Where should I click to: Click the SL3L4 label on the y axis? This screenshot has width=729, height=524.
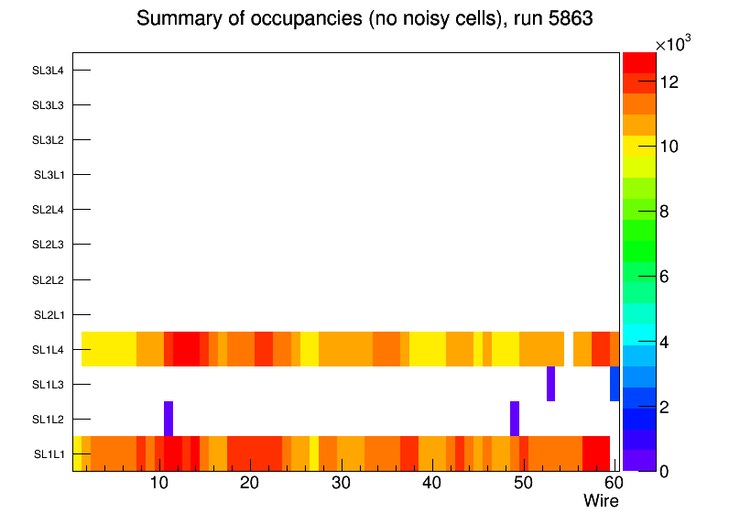pyautogui.click(x=49, y=70)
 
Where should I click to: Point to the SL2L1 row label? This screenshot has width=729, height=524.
pyautogui.click(x=49, y=314)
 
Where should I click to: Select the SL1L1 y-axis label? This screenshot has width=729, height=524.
pyautogui.click(x=49, y=453)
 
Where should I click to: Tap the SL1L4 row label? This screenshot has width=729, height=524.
pyautogui.click(x=49, y=349)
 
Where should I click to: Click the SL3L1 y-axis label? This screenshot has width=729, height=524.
pyautogui.click(x=49, y=174)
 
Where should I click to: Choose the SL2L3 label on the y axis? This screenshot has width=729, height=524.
pyautogui.click(x=49, y=245)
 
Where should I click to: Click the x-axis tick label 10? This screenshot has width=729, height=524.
pyautogui.click(x=158, y=483)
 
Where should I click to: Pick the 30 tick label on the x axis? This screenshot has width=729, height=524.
pyautogui.click(x=341, y=483)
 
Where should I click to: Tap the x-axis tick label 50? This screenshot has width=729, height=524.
pyautogui.click(x=522, y=483)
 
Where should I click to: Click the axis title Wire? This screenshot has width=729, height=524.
pyautogui.click(x=601, y=501)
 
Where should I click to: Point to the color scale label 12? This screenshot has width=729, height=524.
pyautogui.click(x=669, y=82)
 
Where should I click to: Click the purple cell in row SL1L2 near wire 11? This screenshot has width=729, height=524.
pyautogui.click(x=169, y=419)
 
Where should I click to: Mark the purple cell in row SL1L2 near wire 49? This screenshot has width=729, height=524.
pyautogui.click(x=515, y=419)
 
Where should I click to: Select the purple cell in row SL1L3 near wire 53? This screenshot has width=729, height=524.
pyautogui.click(x=550, y=384)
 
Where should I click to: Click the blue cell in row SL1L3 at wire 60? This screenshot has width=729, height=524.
pyautogui.click(x=615, y=384)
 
